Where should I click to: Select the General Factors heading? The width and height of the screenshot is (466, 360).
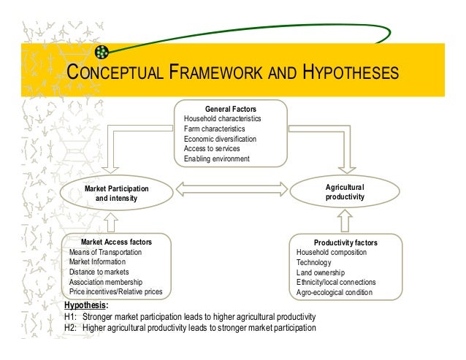(x=230, y=108)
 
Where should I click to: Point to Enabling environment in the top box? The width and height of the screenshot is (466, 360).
(x=216, y=158)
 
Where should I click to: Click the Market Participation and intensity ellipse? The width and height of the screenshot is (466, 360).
(x=117, y=194)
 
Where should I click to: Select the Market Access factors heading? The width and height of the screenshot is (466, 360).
(x=116, y=242)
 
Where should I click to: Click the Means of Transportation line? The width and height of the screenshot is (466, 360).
(x=105, y=252)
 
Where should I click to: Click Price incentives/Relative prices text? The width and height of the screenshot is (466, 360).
(x=115, y=292)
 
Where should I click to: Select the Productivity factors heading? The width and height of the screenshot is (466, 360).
(x=345, y=242)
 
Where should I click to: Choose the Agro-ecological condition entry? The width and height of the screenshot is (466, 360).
(x=334, y=293)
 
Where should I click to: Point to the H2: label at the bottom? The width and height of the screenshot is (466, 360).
(x=70, y=328)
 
